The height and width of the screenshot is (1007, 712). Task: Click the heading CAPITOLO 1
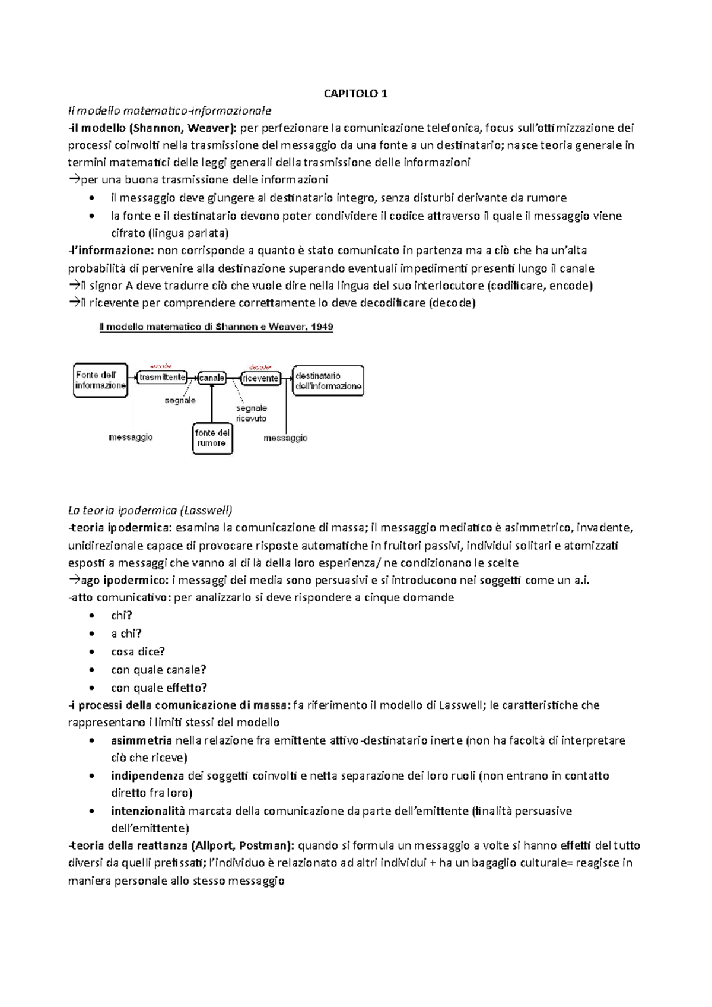[x=355, y=93]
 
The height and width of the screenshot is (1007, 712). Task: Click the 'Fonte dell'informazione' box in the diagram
[x=101, y=380]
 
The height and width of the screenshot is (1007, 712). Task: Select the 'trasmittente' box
[x=162, y=377]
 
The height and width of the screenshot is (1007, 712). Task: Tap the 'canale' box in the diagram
[x=212, y=378]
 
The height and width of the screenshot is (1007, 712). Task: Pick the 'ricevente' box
[x=261, y=378]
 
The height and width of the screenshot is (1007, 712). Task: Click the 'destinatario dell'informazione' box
[x=328, y=381]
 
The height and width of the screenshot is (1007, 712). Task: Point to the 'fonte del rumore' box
[x=212, y=438]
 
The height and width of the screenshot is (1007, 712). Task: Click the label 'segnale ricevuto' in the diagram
[x=251, y=413]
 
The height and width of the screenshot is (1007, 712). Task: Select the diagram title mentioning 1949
[x=216, y=327]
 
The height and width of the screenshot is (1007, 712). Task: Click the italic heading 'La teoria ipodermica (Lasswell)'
[x=150, y=510]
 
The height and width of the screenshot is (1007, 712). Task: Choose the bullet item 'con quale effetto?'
[x=159, y=688]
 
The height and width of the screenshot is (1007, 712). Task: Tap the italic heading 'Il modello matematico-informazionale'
[x=170, y=110]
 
